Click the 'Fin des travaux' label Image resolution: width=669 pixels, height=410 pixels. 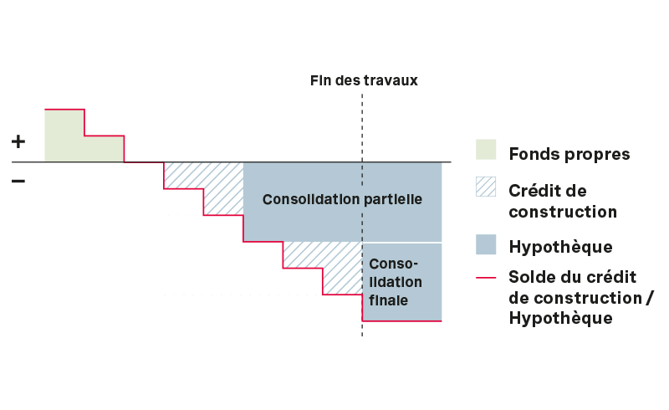(363, 81)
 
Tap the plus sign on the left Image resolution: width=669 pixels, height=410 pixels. (18, 142)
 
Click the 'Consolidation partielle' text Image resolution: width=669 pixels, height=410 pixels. (342, 200)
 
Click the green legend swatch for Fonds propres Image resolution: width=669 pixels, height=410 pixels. (486, 150)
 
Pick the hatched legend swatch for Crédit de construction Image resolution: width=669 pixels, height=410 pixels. (486, 187)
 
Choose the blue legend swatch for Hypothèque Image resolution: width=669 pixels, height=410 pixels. (486, 244)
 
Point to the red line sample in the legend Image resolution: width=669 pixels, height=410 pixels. (486, 278)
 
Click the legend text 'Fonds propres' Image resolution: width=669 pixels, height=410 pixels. (569, 154)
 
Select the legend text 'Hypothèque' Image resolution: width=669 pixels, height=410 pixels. (560, 247)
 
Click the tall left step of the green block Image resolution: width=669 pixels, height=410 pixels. (64, 135)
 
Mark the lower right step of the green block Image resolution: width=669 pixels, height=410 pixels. (104, 148)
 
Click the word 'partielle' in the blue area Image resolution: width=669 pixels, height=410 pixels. (393, 200)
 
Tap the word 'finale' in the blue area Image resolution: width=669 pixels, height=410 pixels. (388, 299)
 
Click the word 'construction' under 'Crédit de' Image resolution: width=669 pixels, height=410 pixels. (563, 212)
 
